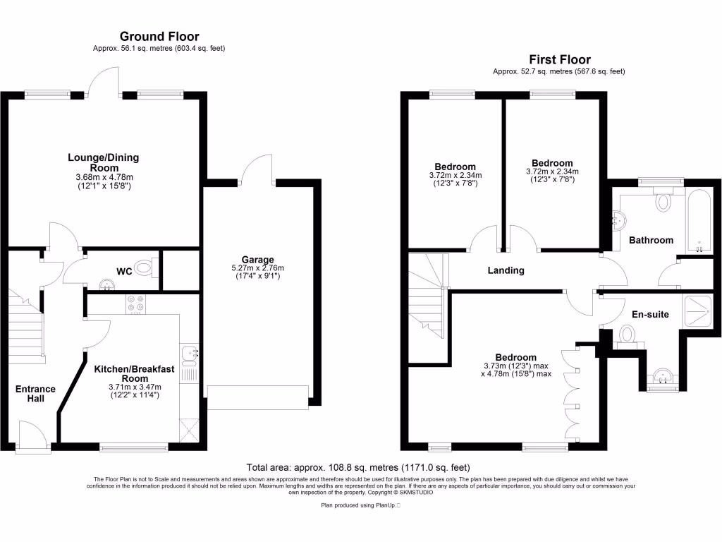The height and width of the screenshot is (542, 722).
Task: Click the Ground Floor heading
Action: [x=159, y=36]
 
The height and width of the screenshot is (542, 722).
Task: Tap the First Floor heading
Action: [x=559, y=59]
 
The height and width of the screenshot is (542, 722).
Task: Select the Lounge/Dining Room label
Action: [x=103, y=162]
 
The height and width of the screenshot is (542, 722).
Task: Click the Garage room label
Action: [x=257, y=259]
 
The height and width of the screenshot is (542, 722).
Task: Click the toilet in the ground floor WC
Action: [x=144, y=268]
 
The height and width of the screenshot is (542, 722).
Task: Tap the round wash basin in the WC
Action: [x=106, y=284]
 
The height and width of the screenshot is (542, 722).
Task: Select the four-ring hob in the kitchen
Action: [x=135, y=303]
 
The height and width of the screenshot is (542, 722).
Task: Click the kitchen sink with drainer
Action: [x=189, y=357]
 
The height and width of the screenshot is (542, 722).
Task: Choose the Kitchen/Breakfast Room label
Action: [x=134, y=373]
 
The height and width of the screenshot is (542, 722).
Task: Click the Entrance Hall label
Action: [x=35, y=394]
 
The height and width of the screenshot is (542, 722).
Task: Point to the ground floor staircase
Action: [x=27, y=328]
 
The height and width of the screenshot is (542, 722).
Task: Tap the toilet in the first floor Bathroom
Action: [x=663, y=201]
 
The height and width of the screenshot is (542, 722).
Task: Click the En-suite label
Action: [x=649, y=314]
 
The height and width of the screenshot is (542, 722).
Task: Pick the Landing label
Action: [x=506, y=270]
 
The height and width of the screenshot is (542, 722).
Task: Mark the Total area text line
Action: [x=357, y=467]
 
